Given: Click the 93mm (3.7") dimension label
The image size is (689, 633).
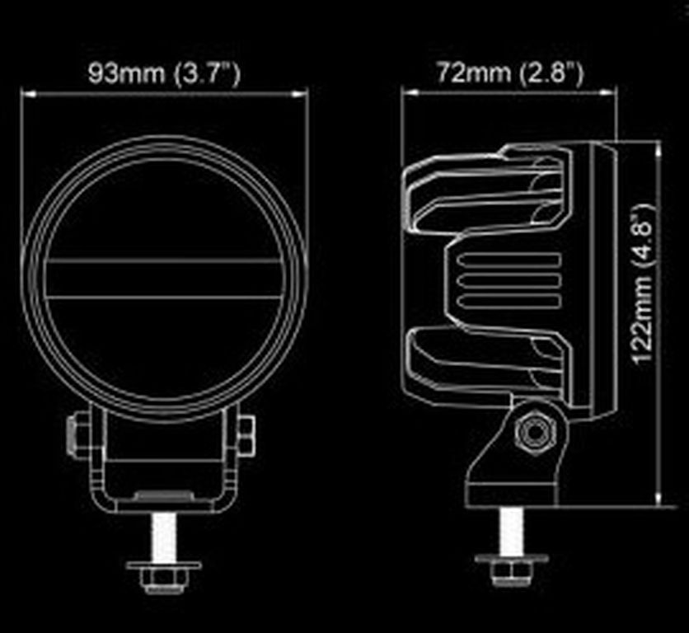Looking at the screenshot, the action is click(164, 73).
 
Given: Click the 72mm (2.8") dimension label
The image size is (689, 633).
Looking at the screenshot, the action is click(510, 72).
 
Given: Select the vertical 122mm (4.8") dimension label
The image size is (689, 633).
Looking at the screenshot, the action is click(643, 283).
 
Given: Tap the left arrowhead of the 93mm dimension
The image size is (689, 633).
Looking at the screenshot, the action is click(28, 94).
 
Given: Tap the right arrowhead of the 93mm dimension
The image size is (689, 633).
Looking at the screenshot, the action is click(300, 94).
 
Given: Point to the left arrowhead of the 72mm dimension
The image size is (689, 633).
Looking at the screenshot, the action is click(410, 93).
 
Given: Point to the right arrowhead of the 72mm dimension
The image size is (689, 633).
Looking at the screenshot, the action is click(607, 93).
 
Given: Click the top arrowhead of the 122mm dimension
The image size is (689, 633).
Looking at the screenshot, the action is click(658, 149).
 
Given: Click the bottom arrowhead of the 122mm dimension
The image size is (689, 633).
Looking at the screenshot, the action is click(658, 498).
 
